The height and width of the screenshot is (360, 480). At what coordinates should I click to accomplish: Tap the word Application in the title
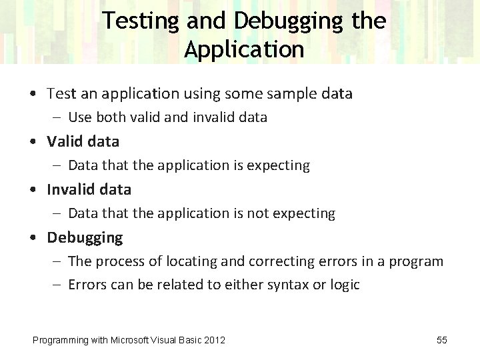[x=244, y=49]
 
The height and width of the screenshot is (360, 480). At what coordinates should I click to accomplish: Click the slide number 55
[x=441, y=340]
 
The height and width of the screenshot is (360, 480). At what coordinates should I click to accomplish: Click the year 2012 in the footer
[x=213, y=340]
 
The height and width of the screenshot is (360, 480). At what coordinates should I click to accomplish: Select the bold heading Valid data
[x=83, y=141]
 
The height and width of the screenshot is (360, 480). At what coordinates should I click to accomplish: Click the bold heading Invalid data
[x=89, y=189]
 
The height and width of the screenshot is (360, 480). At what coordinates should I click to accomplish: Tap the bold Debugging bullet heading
[x=85, y=237]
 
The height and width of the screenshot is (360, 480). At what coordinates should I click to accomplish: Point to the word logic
[x=345, y=285]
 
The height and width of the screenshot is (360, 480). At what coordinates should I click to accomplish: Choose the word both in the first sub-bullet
[x=110, y=117]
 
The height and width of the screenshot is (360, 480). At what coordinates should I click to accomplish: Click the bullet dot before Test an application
[x=33, y=94]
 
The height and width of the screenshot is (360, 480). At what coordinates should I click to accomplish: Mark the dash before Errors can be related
[x=58, y=285]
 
